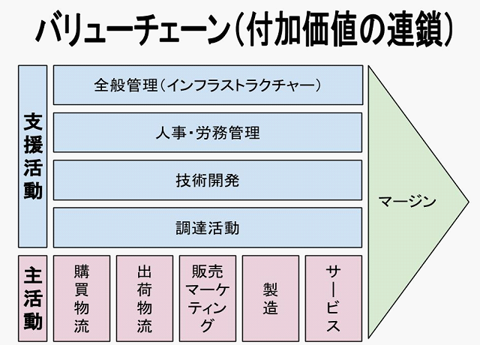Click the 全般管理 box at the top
208,85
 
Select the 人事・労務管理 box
208,133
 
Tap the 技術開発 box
208,180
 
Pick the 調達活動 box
208,227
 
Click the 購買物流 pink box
82,298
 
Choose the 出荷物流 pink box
145,298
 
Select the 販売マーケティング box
208,298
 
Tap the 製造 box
271,298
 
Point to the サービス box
334,298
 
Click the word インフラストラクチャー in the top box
242,85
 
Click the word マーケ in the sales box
208,289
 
